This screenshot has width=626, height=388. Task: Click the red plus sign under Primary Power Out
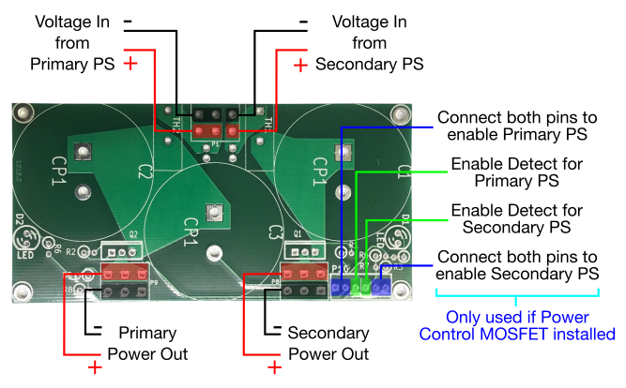coord(95,367)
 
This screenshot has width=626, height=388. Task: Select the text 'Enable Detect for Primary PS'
coord(515,172)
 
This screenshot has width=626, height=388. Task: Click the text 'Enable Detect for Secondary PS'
coord(515,219)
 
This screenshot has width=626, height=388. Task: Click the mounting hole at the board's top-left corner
coord(20,113)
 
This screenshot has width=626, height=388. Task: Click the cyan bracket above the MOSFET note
coord(517,297)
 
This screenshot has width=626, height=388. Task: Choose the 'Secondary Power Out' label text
coord(328,343)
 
